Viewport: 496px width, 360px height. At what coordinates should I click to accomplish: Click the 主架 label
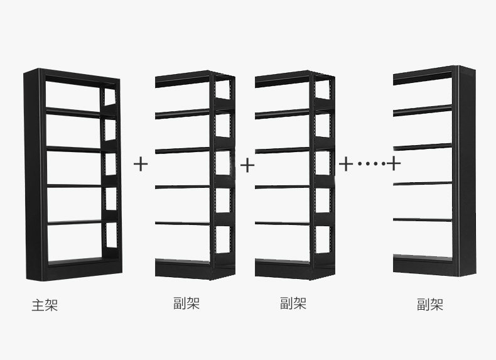click(x=45, y=306)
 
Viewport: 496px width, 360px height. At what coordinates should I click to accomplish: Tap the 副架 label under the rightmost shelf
click(x=430, y=305)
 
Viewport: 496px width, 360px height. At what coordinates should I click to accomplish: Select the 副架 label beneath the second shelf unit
click(x=186, y=304)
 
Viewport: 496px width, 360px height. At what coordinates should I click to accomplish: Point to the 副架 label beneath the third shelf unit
click(x=293, y=304)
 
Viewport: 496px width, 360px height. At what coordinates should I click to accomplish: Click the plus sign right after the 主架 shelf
click(x=141, y=165)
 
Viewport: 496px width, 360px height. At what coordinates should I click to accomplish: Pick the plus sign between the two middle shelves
click(x=247, y=165)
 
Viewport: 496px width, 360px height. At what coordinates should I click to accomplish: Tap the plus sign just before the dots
click(x=346, y=164)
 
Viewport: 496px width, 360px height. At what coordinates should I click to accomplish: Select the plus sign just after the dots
click(x=393, y=164)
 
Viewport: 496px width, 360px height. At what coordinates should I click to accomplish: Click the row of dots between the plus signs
click(x=369, y=164)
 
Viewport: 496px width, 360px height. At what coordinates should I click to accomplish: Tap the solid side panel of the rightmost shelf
click(x=466, y=170)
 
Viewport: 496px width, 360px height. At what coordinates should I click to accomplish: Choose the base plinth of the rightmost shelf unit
click(x=424, y=266)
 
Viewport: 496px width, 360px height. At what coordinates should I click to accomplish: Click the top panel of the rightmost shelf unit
click(x=424, y=73)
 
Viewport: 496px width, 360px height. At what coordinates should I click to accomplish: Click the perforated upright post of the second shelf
click(x=213, y=170)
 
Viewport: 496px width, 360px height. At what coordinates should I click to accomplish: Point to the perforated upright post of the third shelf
click(x=313, y=170)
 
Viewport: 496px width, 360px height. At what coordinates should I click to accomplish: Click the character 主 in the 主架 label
click(x=38, y=306)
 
